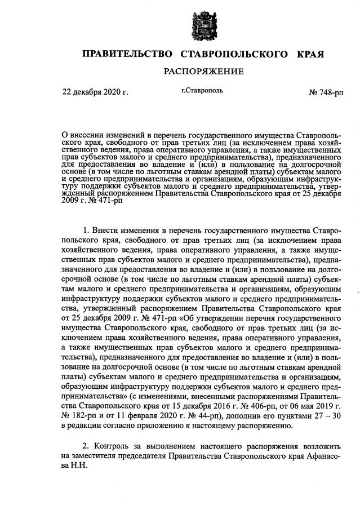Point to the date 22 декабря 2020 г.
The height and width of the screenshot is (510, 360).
[x=95, y=92]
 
